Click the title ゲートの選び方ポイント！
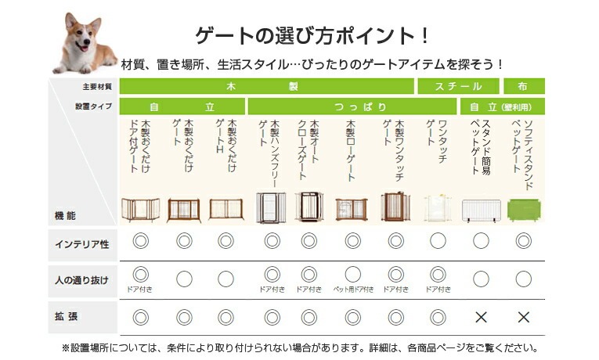312,36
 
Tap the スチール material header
458,86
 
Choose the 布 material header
524,86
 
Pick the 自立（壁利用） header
501,106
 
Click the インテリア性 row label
82,244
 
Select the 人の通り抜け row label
82,279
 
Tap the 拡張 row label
82,317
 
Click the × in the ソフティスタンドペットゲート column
524,317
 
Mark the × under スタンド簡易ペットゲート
481,317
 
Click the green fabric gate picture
524,209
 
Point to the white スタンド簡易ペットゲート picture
481,209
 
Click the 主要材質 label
98,86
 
